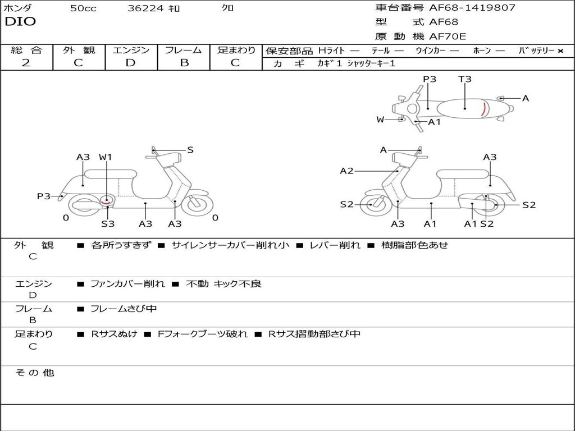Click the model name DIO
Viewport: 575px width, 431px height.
20,22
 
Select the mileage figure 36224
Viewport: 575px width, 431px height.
145,8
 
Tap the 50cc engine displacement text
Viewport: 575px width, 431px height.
83,8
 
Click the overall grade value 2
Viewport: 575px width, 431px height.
26,63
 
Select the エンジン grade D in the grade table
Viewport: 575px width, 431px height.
131,63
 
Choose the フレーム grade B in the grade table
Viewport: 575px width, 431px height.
184,63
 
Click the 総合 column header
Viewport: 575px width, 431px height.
26,50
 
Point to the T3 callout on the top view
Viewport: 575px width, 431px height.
465,79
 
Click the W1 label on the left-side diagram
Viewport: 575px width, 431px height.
106,157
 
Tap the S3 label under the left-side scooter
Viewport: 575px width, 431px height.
108,224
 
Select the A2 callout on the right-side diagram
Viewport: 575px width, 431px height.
346,171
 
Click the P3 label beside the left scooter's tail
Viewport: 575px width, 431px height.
43,196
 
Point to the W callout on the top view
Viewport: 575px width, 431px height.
380,120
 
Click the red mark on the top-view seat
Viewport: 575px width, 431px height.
483,108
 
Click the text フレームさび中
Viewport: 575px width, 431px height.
124,309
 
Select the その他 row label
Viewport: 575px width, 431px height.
34,373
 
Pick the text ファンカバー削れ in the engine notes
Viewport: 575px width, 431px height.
127,284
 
